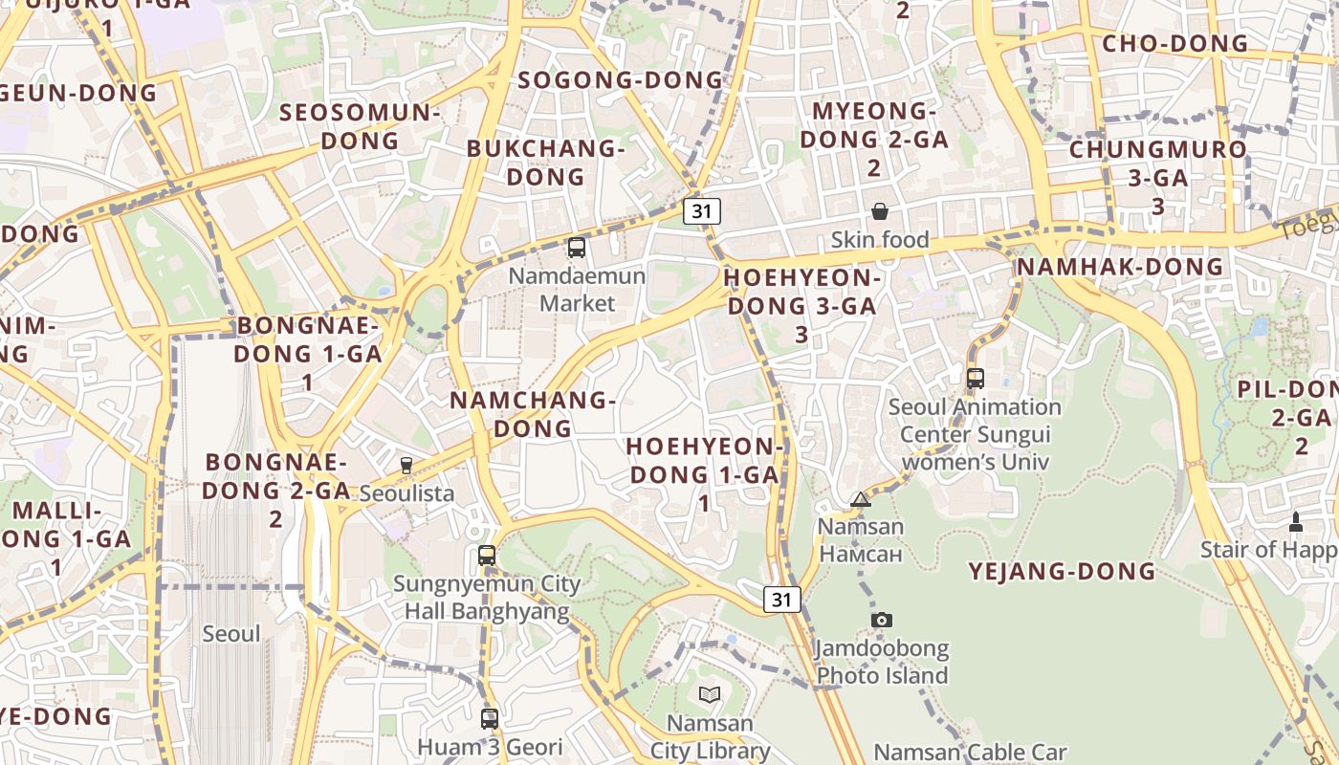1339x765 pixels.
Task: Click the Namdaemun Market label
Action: click(x=577, y=290)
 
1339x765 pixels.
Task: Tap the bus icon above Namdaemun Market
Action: click(x=577, y=248)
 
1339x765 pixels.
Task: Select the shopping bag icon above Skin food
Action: click(x=880, y=211)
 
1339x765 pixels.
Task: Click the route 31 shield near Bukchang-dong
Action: click(x=702, y=211)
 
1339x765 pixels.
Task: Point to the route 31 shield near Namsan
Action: click(x=782, y=600)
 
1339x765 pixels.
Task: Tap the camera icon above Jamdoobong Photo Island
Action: click(x=882, y=621)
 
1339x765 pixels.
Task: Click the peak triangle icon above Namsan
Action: click(x=861, y=499)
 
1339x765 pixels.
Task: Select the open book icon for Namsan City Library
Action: click(x=709, y=695)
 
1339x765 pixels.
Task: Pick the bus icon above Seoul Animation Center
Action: click(x=976, y=379)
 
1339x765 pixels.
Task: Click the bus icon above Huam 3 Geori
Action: click(x=490, y=718)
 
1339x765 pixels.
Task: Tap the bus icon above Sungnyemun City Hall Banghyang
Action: click(x=487, y=556)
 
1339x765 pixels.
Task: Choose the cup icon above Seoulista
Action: click(x=406, y=466)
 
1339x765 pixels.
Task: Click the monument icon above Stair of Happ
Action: click(x=1296, y=522)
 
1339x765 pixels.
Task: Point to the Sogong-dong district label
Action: click(x=621, y=80)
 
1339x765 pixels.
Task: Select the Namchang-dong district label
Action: click(x=533, y=414)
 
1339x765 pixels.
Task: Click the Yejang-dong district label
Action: click(x=1063, y=572)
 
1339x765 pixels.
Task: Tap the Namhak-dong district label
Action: click(x=1120, y=267)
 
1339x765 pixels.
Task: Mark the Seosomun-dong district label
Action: click(x=360, y=126)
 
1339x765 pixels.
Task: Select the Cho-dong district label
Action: click(x=1175, y=44)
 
